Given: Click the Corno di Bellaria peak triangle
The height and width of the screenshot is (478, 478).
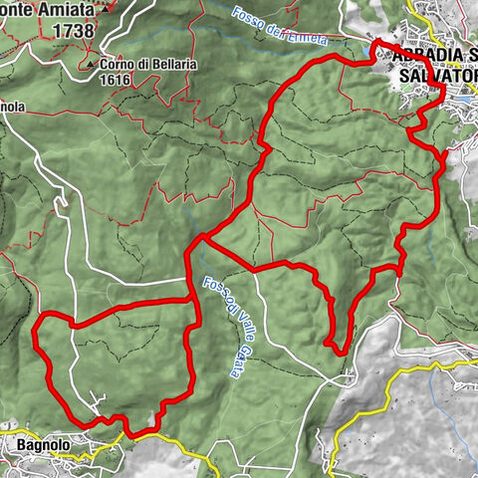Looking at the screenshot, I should click(x=92, y=65).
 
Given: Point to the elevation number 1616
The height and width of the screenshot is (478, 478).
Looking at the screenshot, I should click(x=117, y=81).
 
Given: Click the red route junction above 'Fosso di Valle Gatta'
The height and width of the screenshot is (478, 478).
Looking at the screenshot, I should click(x=199, y=239).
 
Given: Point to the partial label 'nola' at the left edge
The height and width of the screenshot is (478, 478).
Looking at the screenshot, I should click(x=12, y=103).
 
